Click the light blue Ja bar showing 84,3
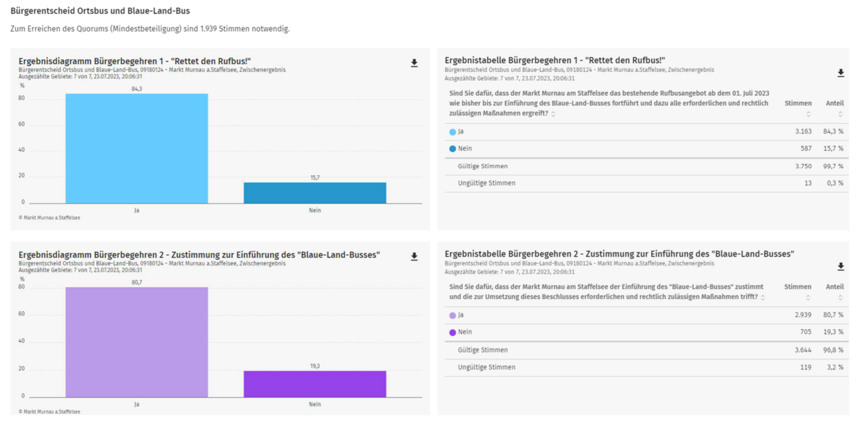pos(137,148)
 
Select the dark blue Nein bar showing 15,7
pos(315,192)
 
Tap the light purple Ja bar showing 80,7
pos(137,341)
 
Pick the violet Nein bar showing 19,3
pos(315,384)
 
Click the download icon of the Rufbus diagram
pos(414,63)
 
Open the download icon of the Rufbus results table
pos(840,73)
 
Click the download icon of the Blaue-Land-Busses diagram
pos(414,257)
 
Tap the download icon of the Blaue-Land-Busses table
pos(840,267)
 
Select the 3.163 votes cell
pos(802,132)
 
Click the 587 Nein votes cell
pos(805,149)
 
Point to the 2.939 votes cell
pos(802,315)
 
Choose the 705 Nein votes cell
pos(805,332)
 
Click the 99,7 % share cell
pos(834,166)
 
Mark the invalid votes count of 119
pos(805,368)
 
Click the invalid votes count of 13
pos(808,183)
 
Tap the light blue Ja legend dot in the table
pos(453,132)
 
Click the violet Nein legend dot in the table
pos(453,332)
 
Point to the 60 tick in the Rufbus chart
pos(22,124)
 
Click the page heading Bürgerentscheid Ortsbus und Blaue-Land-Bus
pos(100,11)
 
